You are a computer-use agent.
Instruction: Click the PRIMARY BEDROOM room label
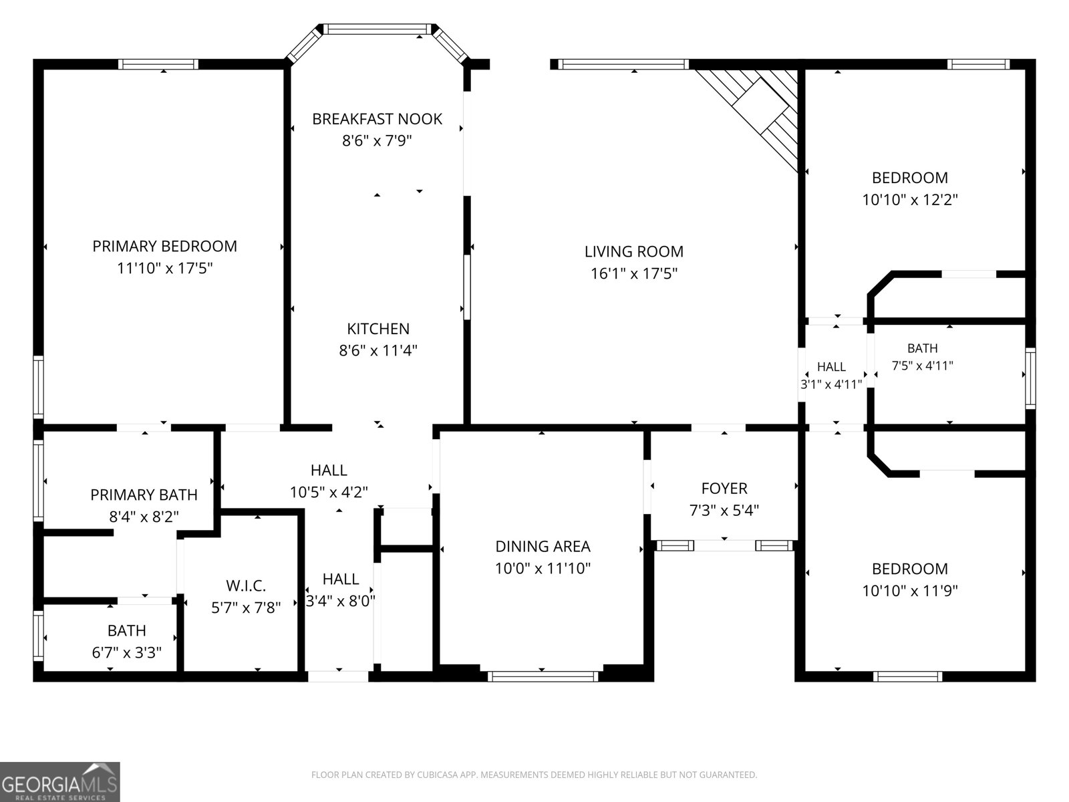point(164,247)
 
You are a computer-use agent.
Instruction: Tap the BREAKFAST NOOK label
point(377,120)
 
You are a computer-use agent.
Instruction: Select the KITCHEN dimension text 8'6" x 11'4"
point(378,351)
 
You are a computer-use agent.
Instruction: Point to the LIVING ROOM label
point(633,252)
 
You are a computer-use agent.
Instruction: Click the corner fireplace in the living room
point(759,110)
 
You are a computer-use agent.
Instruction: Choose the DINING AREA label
point(543,547)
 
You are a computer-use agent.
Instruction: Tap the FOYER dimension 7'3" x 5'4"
point(724,511)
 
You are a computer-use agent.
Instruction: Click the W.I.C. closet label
point(245,586)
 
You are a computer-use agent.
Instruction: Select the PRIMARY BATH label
point(144,495)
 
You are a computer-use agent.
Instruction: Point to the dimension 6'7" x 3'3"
point(127,652)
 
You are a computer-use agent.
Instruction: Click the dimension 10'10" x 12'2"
point(910,200)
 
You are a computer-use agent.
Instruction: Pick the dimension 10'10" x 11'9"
point(910,591)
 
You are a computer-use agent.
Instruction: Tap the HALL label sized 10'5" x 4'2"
point(329,471)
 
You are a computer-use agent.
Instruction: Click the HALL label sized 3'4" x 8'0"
point(341,579)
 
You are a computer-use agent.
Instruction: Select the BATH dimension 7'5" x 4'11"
point(922,366)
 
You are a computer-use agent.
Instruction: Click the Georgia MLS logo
point(60,782)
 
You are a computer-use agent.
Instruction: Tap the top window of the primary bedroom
point(158,64)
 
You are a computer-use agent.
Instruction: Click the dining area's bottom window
point(543,676)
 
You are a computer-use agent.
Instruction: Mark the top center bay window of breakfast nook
point(377,29)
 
